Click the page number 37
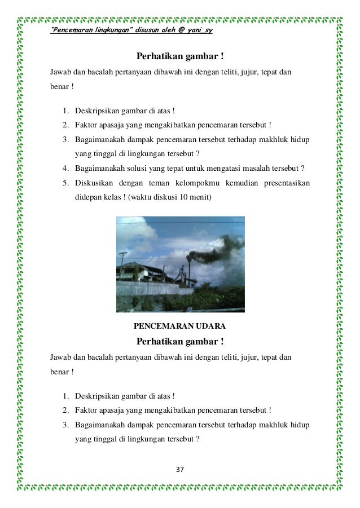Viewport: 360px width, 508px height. pyautogui.click(x=181, y=470)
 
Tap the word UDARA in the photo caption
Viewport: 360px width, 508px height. pyautogui.click(x=210, y=326)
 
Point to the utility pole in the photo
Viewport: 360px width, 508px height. pyautogui.click(x=122, y=264)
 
